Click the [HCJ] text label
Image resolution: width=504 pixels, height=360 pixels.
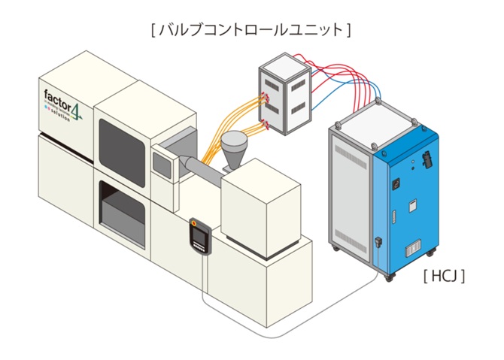445,276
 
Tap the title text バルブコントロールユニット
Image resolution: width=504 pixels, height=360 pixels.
251,30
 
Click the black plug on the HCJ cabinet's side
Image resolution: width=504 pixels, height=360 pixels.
378,244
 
